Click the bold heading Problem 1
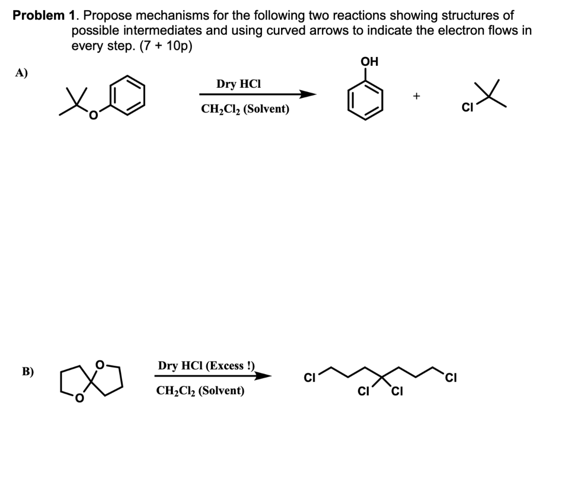click(x=43, y=16)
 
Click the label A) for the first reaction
click(x=21, y=73)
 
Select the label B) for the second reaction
click(x=28, y=371)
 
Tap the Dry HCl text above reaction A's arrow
click(x=239, y=84)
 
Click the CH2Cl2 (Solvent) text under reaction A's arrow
click(x=245, y=109)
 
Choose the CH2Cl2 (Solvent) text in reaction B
click(x=200, y=390)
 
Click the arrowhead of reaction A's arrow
click(x=308, y=95)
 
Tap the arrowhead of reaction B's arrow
click(x=263, y=376)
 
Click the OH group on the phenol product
click(x=370, y=61)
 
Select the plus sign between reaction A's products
click(x=416, y=96)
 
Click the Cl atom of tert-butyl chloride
click(x=467, y=107)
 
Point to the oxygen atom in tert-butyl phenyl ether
click(x=94, y=115)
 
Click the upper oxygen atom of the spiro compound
click(x=101, y=364)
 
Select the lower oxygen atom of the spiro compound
click(x=79, y=398)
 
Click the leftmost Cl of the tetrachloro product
click(x=309, y=378)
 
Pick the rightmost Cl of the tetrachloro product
click(x=451, y=378)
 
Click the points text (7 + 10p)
click(x=166, y=46)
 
